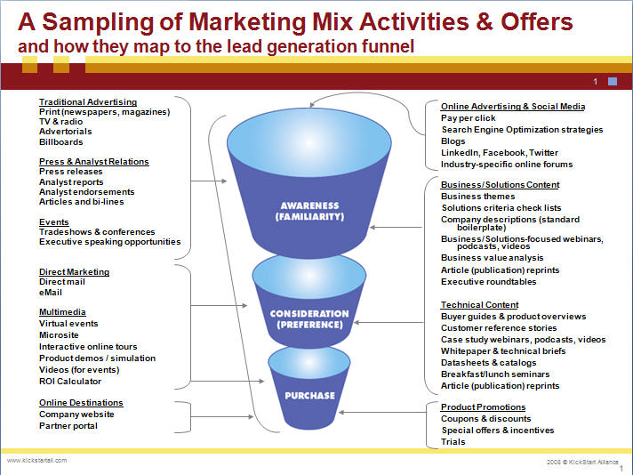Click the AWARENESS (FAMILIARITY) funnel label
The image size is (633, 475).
tap(309, 211)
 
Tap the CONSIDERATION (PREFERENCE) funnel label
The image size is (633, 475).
tap(309, 319)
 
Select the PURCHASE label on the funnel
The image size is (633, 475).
tap(309, 396)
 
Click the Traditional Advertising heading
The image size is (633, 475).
tap(88, 102)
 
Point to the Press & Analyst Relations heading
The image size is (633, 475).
tap(94, 162)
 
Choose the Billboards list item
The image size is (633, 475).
tap(61, 142)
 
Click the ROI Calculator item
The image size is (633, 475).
tap(70, 382)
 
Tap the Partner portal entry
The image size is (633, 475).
tap(68, 426)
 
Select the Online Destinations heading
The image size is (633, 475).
tap(81, 403)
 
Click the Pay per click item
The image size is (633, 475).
tap(469, 118)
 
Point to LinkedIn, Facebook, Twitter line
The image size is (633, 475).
tap(500, 153)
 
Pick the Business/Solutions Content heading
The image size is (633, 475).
tap(501, 185)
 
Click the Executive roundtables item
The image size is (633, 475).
tap(489, 281)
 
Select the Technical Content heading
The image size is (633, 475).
tap(479, 305)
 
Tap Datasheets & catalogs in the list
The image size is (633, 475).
tap(488, 363)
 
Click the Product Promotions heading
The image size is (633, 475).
tap(484, 407)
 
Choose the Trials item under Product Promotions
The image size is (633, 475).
tap(453, 442)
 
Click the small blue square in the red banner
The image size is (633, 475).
tap(613, 81)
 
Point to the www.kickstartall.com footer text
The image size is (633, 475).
tap(36, 460)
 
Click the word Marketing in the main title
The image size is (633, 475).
tap(247, 22)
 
